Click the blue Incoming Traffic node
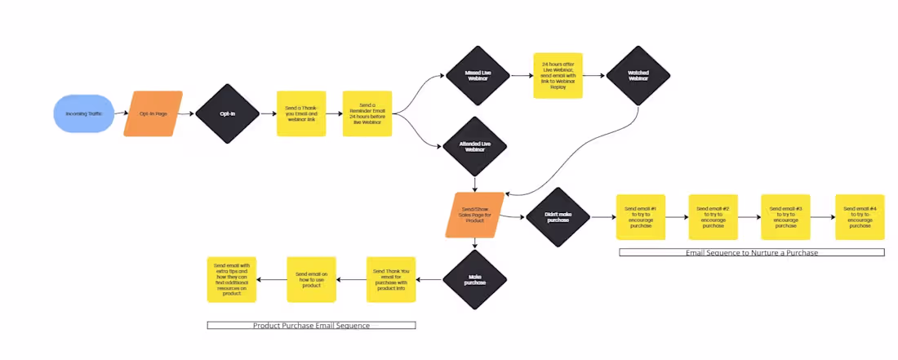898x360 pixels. (84, 113)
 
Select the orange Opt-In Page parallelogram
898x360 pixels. (153, 113)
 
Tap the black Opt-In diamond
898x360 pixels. (227, 113)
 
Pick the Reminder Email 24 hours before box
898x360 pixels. (367, 113)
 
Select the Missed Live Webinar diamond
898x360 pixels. (478, 75)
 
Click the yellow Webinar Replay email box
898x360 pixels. (557, 76)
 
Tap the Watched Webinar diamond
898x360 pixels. (638, 75)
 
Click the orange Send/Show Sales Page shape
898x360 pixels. (474, 216)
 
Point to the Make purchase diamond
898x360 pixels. (474, 280)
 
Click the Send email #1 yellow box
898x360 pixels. (641, 217)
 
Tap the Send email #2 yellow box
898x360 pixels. (713, 217)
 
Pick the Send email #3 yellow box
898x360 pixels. (785, 217)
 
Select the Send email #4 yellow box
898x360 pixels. (859, 217)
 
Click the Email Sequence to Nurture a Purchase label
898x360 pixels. (751, 253)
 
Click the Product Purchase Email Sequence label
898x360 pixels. (311, 325)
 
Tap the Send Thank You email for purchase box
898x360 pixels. (390, 279)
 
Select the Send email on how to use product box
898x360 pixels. (311, 279)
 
